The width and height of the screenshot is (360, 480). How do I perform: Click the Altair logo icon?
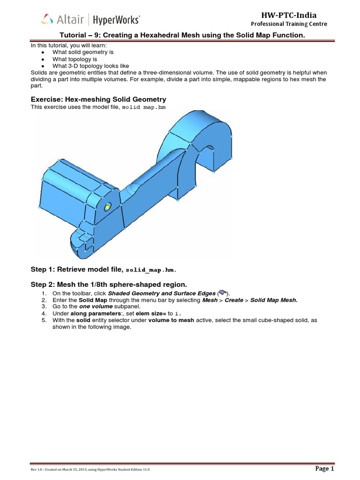pos(47,19)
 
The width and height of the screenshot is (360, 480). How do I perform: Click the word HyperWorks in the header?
pos(116,20)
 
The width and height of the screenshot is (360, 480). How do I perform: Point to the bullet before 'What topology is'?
pos(43,60)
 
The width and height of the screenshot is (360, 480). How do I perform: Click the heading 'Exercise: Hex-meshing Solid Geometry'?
pos(98,99)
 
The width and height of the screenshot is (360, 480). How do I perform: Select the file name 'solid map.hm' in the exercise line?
pos(143,107)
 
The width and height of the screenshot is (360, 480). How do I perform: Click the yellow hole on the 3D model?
pos(107,207)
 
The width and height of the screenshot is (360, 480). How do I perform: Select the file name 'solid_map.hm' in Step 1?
pos(152,270)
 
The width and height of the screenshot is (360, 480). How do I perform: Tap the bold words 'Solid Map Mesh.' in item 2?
pos(274,300)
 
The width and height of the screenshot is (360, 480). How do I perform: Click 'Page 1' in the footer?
pos(324,469)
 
